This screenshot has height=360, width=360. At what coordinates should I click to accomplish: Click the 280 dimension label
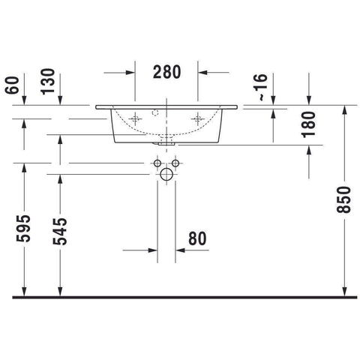pos(166,72)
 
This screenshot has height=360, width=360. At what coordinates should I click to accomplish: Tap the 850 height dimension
pos(343,200)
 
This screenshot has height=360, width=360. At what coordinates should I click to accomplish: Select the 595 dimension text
pos(23,228)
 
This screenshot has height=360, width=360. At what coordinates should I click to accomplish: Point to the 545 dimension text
pos(60,231)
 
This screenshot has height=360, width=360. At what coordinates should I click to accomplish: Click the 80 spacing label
pos(197,238)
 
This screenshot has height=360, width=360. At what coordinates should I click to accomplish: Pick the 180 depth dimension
pos(308,124)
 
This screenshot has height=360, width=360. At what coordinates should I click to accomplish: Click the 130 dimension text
pos(47,82)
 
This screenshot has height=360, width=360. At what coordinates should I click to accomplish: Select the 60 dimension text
pos(12,85)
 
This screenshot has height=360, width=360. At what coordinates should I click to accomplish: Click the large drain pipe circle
pos(166,174)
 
